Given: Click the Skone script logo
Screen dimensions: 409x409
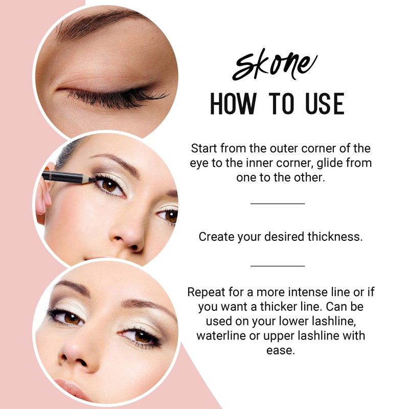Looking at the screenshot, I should point(274,65).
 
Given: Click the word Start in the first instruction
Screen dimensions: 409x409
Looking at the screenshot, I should point(204,149).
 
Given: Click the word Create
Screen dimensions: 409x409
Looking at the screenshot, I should point(215,237).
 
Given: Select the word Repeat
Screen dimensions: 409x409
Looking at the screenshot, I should point(205,293).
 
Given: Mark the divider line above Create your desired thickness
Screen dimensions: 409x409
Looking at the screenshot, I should point(278,203).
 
